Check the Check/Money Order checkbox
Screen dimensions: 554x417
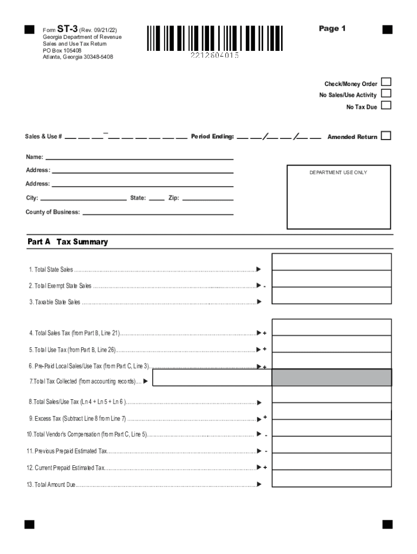pos(386,83)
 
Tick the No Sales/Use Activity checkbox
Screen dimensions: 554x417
pos(386,94)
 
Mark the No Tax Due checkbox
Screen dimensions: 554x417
pos(386,106)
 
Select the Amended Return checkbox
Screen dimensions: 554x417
pos(386,136)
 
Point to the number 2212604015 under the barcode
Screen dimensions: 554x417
pos(214,56)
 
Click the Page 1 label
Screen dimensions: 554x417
pos(332,29)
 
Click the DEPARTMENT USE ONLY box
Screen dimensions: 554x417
pos(338,197)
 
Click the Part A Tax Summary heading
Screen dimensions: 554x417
pos(68,242)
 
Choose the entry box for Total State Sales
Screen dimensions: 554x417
pos(331,262)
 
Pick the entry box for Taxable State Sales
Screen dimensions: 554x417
pos(331,295)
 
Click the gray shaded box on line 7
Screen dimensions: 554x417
pos(331,378)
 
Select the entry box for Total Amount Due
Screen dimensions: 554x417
pos(331,478)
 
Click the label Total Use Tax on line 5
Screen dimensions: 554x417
pos(73,350)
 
